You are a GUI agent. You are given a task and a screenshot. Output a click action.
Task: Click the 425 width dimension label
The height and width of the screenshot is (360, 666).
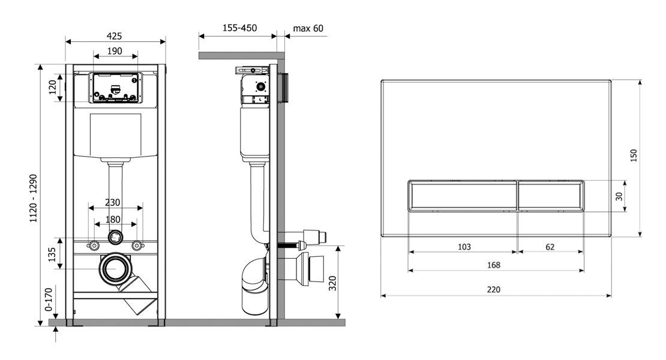click(x=114, y=36)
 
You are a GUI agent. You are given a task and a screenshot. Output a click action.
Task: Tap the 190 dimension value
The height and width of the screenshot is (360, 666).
click(x=115, y=51)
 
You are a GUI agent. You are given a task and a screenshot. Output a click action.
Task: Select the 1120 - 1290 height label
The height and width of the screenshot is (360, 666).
click(x=33, y=198)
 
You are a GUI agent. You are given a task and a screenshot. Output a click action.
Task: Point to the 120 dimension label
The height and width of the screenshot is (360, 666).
click(x=52, y=87)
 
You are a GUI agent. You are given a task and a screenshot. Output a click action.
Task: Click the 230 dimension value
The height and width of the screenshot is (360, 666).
click(x=113, y=203)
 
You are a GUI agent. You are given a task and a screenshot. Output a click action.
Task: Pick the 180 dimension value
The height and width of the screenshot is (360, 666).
click(x=113, y=220)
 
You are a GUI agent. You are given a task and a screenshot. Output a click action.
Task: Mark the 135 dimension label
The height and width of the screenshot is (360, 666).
click(x=52, y=255)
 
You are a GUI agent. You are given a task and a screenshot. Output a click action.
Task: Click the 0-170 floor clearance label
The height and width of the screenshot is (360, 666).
click(x=49, y=299)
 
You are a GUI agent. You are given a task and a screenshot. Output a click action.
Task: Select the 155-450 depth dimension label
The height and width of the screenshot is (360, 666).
click(x=239, y=28)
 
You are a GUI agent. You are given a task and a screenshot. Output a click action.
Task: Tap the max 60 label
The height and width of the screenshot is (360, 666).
click(x=308, y=28)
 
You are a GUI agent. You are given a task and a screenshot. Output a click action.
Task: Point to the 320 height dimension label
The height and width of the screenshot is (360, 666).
click(x=332, y=283)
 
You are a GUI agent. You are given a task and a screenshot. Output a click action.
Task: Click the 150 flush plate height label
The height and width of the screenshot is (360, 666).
click(x=633, y=155)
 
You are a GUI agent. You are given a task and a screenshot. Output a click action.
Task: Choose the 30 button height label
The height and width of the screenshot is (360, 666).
click(x=619, y=196)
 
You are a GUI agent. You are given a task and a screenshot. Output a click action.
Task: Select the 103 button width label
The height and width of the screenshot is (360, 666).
click(x=464, y=247)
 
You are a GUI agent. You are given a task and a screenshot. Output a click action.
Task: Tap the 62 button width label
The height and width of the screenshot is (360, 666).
click(x=550, y=247)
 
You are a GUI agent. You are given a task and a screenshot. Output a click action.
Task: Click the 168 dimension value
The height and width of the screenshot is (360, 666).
click(x=494, y=265)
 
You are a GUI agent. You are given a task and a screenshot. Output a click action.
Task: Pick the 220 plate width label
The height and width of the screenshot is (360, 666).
click(x=494, y=290)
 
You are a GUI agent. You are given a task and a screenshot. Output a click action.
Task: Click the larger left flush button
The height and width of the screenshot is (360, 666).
click(x=463, y=196)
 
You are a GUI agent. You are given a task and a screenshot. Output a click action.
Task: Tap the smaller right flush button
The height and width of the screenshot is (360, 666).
click(x=551, y=196)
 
